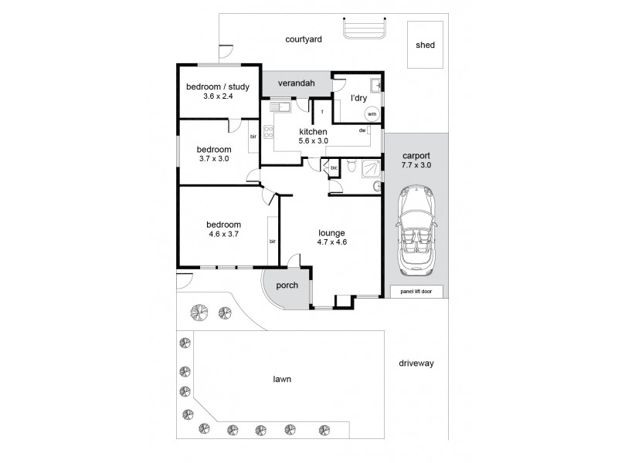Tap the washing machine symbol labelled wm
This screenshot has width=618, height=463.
[372, 114]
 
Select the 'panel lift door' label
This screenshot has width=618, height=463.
[416, 292]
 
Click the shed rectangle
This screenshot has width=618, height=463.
[425, 45]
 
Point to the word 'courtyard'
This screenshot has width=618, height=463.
[303, 39]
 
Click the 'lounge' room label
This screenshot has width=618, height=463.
[331, 232]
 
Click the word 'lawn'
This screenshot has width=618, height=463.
[281, 379]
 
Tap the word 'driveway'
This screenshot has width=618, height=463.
[417, 363]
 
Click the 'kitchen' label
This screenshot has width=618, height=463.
[314, 131]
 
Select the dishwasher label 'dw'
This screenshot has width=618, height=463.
[362, 130]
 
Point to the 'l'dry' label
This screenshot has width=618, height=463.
[358, 98]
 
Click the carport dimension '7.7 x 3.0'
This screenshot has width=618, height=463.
[416, 164]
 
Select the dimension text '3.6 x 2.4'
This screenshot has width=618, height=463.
[218, 96]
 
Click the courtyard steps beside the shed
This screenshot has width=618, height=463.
[364, 29]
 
